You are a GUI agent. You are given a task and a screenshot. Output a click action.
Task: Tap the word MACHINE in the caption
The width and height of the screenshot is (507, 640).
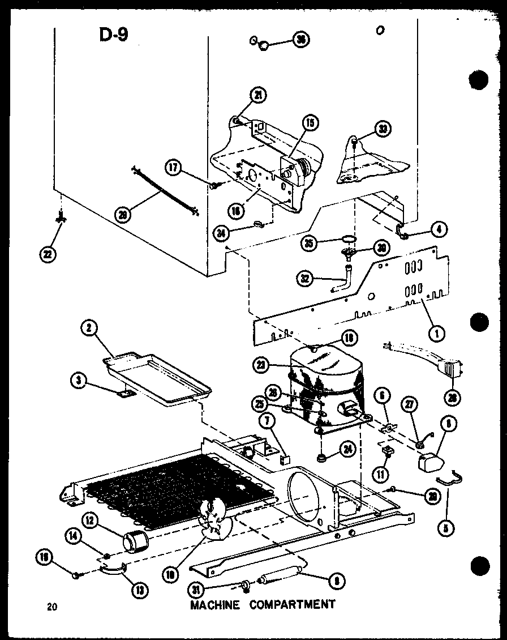tap(214, 604)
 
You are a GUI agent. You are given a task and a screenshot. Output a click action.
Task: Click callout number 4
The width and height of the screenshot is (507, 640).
tap(439, 230)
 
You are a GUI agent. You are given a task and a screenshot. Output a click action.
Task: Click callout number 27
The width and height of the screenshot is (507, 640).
tap(408, 404)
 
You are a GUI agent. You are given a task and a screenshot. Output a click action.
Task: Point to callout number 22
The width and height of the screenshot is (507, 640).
tap(48, 255)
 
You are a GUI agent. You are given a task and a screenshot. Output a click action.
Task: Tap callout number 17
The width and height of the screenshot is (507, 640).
tap(174, 167)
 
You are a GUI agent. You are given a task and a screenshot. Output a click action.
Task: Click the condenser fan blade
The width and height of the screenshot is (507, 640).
tap(216, 520)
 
